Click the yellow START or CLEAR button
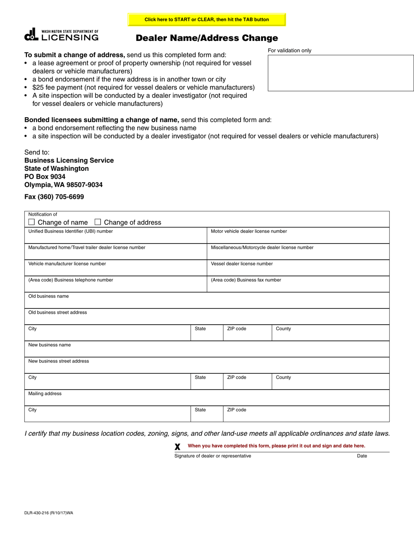point(207,20)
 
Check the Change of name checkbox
point(31,222)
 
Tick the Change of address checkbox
point(98,222)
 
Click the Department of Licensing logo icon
point(31,34)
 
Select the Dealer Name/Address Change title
point(207,38)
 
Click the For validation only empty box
point(340,73)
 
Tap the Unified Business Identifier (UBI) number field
point(115,238)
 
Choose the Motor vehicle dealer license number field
point(298,238)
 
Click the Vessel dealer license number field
point(298,270)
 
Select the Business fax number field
point(298,286)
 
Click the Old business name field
point(207,302)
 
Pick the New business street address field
point(207,367)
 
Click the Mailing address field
point(207,400)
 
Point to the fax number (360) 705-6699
point(54,197)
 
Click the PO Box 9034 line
point(45,176)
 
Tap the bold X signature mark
point(177,447)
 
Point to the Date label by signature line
point(362,456)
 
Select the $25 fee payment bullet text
point(143,88)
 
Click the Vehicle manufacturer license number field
point(115,270)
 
